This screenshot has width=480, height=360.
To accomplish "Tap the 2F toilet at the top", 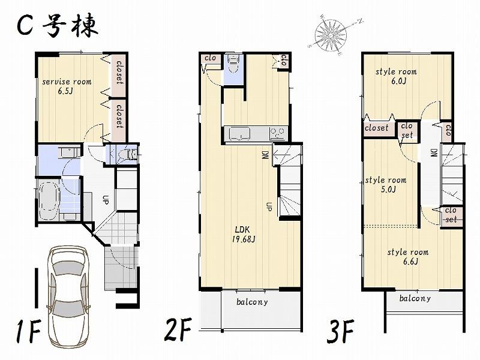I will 234,64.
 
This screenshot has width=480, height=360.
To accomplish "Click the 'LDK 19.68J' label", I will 244,235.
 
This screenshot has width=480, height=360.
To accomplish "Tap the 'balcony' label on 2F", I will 251,302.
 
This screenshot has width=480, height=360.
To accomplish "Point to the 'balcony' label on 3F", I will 415,298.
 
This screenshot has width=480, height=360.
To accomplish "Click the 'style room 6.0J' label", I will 396,76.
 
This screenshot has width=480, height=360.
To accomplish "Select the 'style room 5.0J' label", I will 385,184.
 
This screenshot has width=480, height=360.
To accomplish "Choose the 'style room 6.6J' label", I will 407,256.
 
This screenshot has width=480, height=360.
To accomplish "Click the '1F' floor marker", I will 28,332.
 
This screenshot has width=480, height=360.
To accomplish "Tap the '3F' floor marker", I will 341,331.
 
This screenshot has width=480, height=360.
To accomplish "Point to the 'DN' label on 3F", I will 433,154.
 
